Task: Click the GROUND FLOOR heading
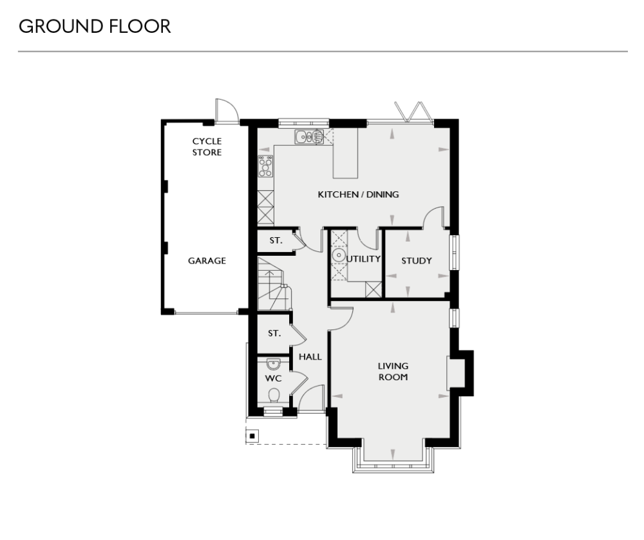[x=95, y=26]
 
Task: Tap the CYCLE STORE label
[x=207, y=147]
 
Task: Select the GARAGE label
[x=207, y=261]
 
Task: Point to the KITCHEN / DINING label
[x=358, y=194]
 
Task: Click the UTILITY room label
[x=364, y=259]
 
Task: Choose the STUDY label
[x=416, y=261]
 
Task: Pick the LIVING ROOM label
[x=393, y=372]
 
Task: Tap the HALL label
[x=310, y=356]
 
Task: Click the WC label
[x=274, y=378]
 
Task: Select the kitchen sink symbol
[x=310, y=137]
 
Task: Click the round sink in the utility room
[x=338, y=256]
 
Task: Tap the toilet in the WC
[x=274, y=395]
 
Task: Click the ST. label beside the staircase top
[x=276, y=241]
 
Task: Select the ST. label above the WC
[x=274, y=334]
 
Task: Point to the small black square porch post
[x=252, y=436]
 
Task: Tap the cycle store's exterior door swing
[x=226, y=110]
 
